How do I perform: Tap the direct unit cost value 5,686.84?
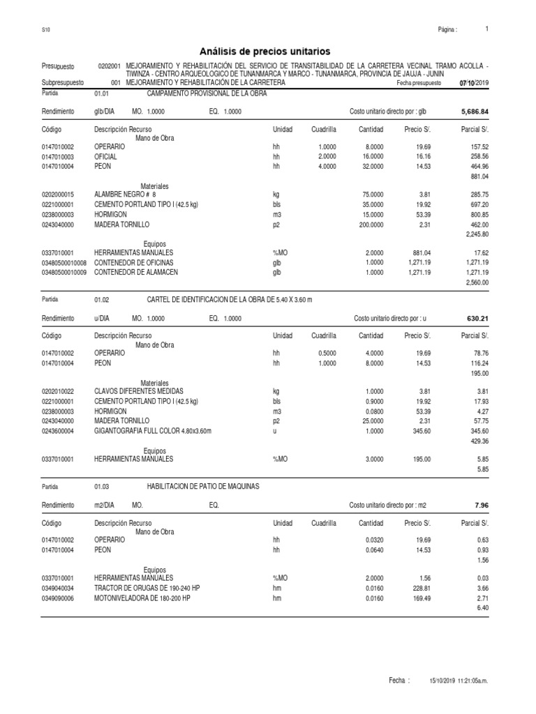click(475, 112)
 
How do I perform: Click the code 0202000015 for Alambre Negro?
click(61, 194)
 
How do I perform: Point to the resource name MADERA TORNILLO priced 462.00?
click(122, 225)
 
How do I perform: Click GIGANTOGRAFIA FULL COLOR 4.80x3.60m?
click(152, 432)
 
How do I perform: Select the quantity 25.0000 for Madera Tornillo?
click(371, 422)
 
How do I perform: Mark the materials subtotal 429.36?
click(478, 442)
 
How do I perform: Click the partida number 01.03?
click(102, 486)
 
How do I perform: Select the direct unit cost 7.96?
click(482, 504)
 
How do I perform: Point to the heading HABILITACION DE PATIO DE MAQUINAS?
click(202, 485)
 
